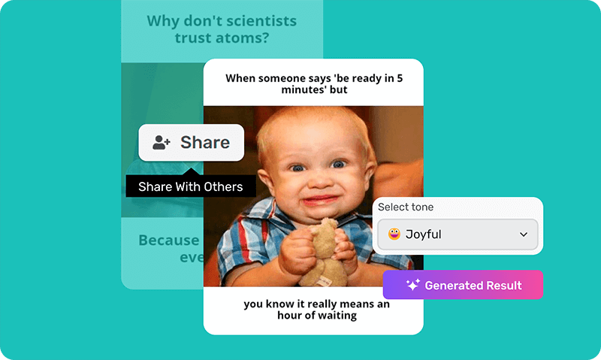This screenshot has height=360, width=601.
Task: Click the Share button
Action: [x=191, y=142]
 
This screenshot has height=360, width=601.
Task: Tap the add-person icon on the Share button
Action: [x=162, y=142]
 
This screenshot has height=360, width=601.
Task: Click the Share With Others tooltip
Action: [x=191, y=186]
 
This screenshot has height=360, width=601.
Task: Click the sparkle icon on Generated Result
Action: [x=412, y=286]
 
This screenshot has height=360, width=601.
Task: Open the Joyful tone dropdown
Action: [x=458, y=234]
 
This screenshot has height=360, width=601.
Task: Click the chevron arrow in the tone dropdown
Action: [x=524, y=235]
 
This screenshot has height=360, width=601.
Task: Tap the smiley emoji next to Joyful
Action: [x=394, y=234]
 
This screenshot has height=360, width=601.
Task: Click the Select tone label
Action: [x=406, y=207]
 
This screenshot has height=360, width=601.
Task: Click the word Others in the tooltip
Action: [x=224, y=186]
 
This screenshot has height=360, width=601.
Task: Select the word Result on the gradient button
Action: [x=503, y=286]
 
